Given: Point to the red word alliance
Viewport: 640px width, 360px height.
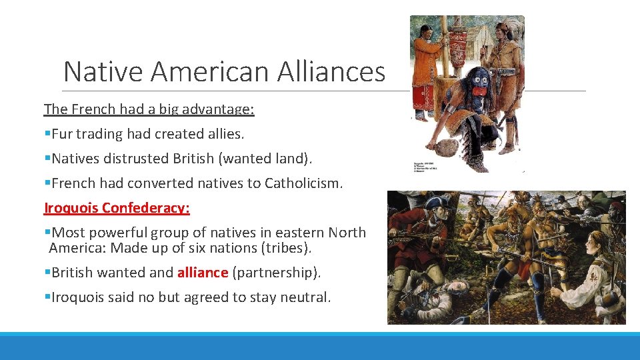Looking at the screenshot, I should pos(203,272).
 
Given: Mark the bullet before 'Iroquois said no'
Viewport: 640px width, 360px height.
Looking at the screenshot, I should pos(47,297).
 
